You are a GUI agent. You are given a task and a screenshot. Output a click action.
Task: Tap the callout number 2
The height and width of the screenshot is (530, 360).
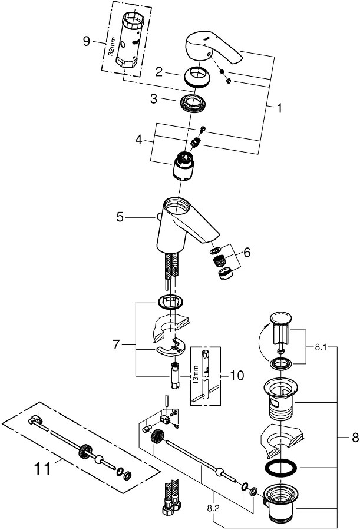pos(158,72)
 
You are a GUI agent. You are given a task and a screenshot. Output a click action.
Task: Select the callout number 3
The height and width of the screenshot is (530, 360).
pos(153,100)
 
